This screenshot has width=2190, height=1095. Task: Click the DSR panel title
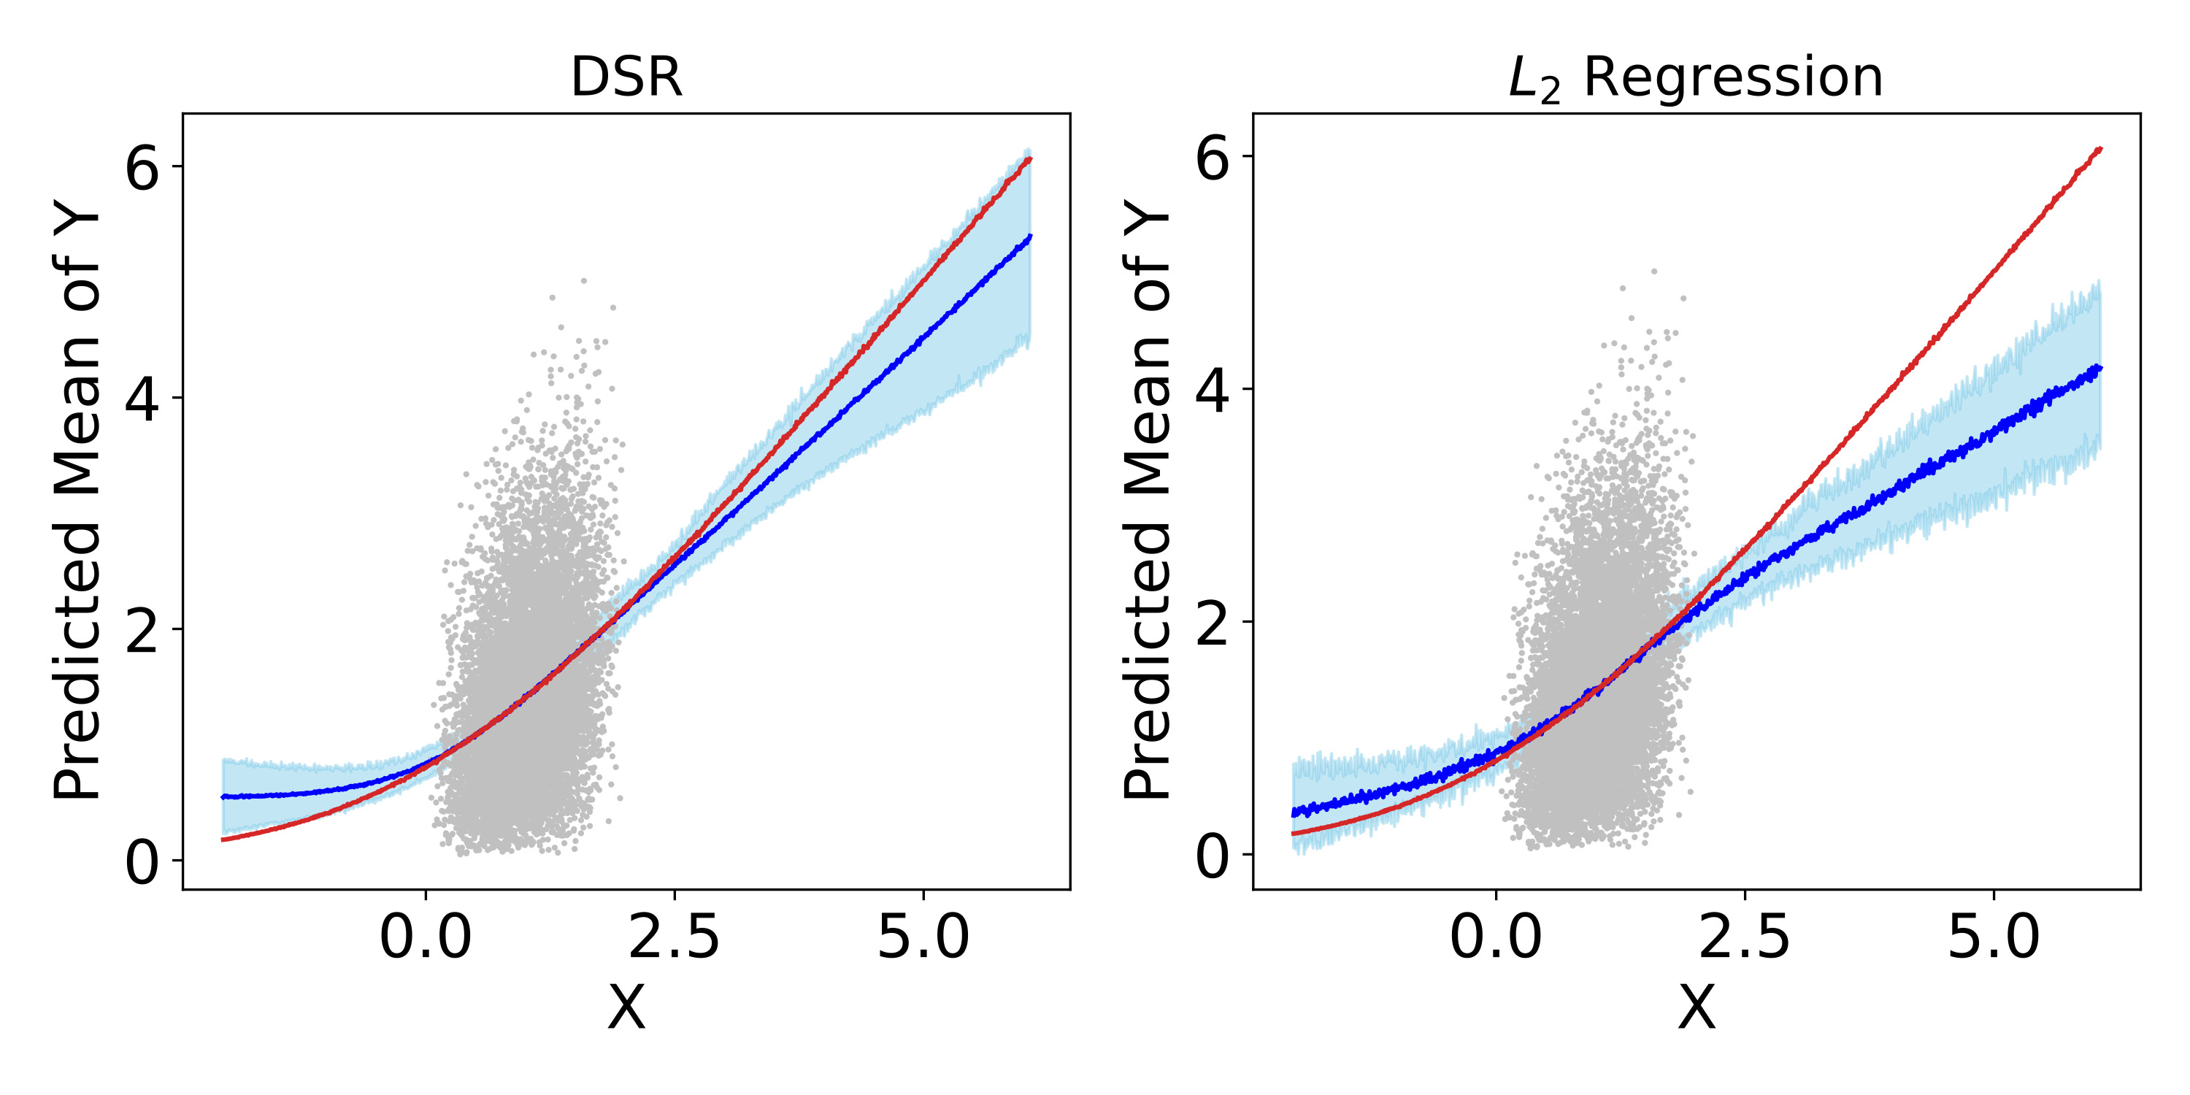pos(626,77)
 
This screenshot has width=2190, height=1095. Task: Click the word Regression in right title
pos(1734,77)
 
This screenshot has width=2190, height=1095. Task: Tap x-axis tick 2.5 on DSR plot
pos(675,938)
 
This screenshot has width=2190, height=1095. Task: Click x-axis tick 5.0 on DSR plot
pos(923,938)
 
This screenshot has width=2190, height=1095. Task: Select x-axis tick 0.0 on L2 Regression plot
pos(1496,938)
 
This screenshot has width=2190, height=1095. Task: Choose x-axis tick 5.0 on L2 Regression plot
pos(1994,938)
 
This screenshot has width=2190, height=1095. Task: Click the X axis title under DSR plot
pos(626,1008)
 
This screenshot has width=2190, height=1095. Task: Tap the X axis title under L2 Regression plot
pos(1696,1008)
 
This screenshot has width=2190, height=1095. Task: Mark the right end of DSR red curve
pos(1029,159)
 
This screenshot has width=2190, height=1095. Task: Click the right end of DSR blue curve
pos(1029,237)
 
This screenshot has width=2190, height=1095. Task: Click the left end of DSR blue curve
pos(223,796)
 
